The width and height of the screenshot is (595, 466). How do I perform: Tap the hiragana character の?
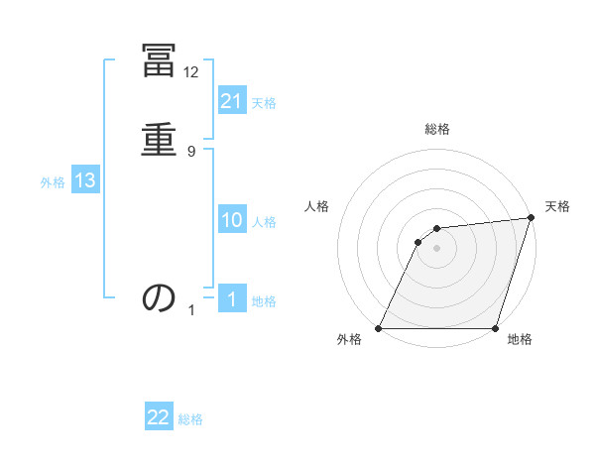click(159, 297)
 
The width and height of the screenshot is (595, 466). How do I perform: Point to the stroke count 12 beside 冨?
click(191, 71)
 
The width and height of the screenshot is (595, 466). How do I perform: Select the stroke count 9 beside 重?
click(191, 151)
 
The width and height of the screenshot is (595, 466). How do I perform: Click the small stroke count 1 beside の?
click(192, 309)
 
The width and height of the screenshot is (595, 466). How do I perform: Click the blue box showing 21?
click(232, 100)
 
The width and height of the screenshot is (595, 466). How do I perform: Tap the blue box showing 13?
click(85, 180)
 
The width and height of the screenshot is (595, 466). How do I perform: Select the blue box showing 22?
click(159, 417)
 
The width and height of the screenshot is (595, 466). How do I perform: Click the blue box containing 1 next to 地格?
click(232, 298)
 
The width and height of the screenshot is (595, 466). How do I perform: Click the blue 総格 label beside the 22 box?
click(190, 419)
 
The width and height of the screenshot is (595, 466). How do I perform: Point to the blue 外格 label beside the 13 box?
click(53, 182)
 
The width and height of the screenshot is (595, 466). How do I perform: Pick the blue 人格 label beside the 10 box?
click(265, 222)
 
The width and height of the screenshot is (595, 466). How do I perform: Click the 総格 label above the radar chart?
click(437, 130)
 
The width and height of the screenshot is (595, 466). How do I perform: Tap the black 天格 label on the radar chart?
click(558, 207)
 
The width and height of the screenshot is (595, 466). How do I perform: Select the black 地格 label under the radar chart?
click(520, 339)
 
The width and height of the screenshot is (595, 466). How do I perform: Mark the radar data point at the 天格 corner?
click(532, 218)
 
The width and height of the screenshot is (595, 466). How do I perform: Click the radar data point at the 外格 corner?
click(379, 328)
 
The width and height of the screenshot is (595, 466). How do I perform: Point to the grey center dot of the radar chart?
click(437, 248)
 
